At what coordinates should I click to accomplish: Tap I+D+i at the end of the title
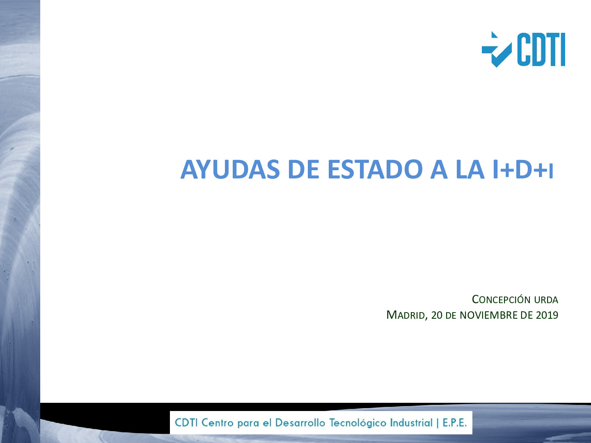(x=522, y=169)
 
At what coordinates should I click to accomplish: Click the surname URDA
(x=546, y=300)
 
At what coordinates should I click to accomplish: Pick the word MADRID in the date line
(x=405, y=315)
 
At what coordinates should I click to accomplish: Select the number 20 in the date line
(x=437, y=315)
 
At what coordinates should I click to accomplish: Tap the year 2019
(x=547, y=315)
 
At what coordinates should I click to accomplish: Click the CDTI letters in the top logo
(x=541, y=50)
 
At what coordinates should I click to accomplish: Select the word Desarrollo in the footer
(x=300, y=422)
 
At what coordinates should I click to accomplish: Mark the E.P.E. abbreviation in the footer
(x=454, y=422)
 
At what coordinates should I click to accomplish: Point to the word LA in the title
(x=470, y=169)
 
